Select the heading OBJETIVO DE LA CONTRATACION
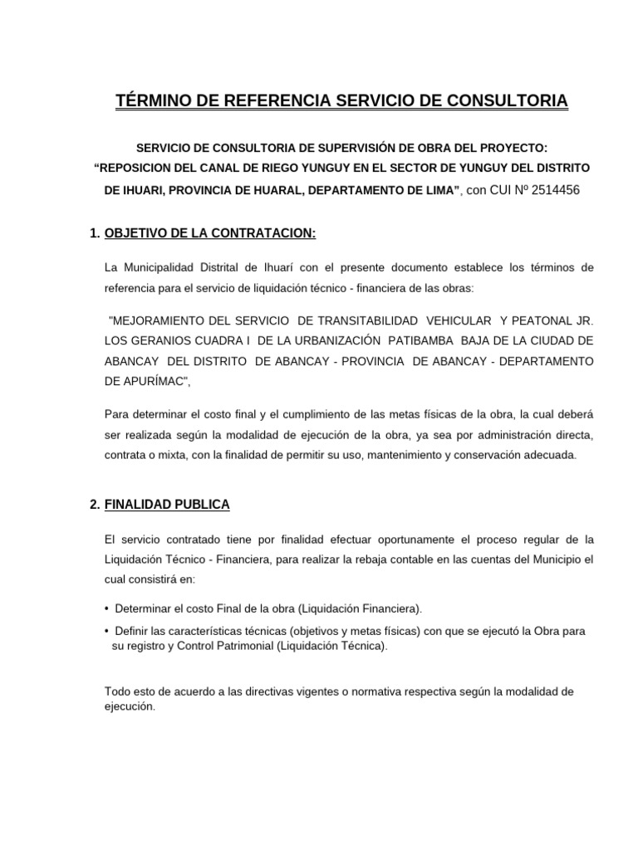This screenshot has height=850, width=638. click(x=210, y=234)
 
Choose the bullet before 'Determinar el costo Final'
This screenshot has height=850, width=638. click(x=107, y=608)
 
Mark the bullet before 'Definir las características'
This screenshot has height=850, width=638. click(x=107, y=631)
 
